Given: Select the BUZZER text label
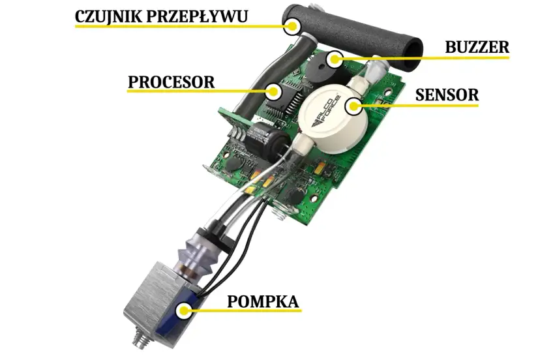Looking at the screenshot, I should (477, 47).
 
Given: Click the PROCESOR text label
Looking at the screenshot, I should (171, 82).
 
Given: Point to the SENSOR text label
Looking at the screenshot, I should (447, 95).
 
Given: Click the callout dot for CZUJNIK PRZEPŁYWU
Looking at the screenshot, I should (292, 27).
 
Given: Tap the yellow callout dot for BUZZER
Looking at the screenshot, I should (335, 59).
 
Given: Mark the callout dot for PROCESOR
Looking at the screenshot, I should (274, 91).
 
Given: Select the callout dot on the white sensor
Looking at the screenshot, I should (354, 104).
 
